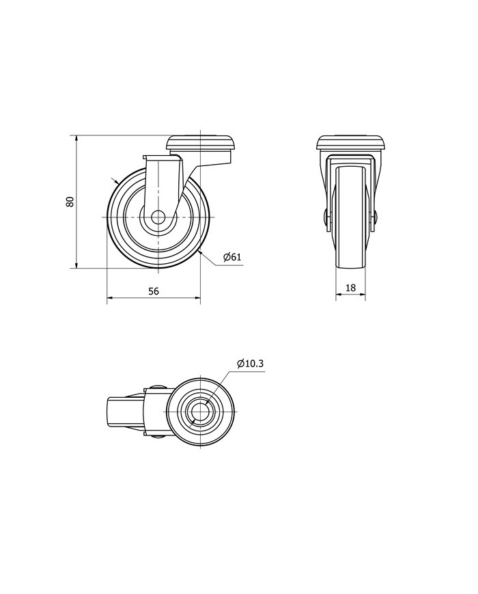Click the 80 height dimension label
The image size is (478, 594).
pos(70,202)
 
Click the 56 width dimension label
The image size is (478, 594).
pos(153,291)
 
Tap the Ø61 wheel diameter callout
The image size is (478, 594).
pos(232,257)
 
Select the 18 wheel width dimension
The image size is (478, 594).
pos(351,288)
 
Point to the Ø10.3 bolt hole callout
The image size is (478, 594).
pos(250,364)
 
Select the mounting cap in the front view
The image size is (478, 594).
pos(351,144)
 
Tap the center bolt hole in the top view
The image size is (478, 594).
pos(200,411)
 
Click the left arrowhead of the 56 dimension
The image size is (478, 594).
pos(110,298)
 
